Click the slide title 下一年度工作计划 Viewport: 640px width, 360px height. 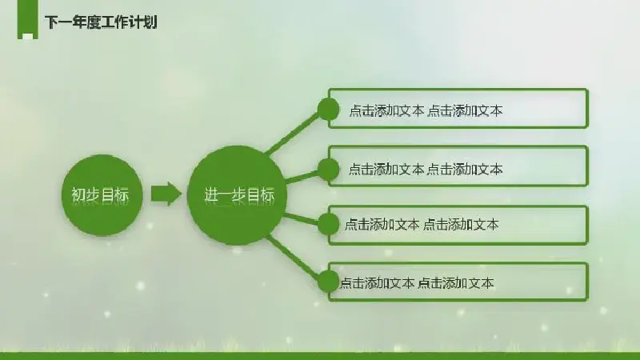coord(101,22)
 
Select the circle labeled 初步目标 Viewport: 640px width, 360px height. coord(102,195)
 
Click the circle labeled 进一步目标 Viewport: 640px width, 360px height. coord(237,195)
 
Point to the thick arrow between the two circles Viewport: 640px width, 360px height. coord(166,194)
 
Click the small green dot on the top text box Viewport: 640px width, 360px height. coord(328,110)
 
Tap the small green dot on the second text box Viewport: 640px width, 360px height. coord(328,170)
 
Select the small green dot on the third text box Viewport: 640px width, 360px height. coord(328,224)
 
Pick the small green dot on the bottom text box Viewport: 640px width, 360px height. coord(328,282)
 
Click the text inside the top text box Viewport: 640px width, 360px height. coord(426,110)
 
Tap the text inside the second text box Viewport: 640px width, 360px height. coord(426,169)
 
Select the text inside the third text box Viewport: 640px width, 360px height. coord(422,224)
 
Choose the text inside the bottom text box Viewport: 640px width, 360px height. coord(417,283)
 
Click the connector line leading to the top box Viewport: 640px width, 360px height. coord(292,133)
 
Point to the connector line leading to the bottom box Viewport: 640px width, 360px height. coord(293,258)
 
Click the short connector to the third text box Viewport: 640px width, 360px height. coord(302,218)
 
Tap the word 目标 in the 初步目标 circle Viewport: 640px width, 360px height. coord(115,195)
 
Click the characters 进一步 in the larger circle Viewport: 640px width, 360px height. coord(226,195)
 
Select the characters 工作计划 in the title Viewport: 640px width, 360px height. coord(129,22)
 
